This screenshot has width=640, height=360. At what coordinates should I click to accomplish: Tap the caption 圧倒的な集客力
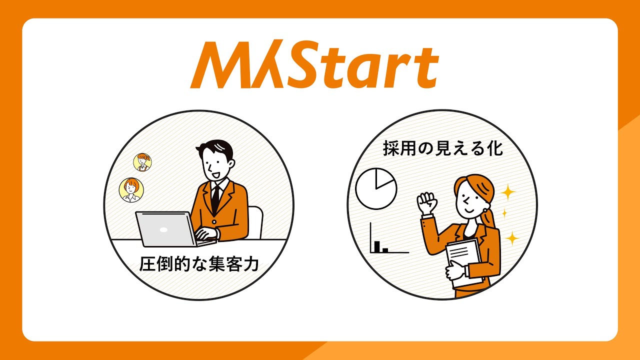click(199, 264)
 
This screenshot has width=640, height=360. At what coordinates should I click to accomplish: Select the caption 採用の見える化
click(442, 148)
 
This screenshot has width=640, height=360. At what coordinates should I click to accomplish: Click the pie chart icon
click(376, 188)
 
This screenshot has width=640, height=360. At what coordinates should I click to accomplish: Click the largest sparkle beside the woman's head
click(508, 192)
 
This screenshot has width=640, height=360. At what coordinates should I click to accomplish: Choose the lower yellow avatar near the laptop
click(131, 190)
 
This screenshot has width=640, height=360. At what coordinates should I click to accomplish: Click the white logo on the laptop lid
click(163, 230)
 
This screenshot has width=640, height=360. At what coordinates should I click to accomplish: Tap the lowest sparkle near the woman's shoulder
click(511, 237)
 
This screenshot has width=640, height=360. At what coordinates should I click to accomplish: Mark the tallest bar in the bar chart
click(378, 245)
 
